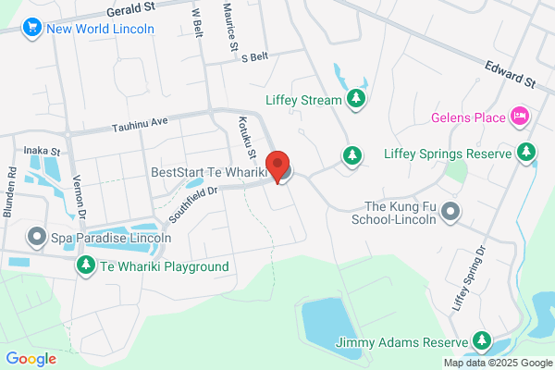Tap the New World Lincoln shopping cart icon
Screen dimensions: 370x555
34,28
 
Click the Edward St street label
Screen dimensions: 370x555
512,74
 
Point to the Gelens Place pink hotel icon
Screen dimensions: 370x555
519,117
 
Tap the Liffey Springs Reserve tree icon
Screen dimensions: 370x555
526,151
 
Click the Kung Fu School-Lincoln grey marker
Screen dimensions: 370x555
450,212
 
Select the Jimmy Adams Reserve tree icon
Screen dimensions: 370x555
481,342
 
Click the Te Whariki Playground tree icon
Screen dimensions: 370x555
86,266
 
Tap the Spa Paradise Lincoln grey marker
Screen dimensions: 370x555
37,238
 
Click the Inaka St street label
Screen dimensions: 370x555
42,150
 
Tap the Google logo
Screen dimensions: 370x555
31,358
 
